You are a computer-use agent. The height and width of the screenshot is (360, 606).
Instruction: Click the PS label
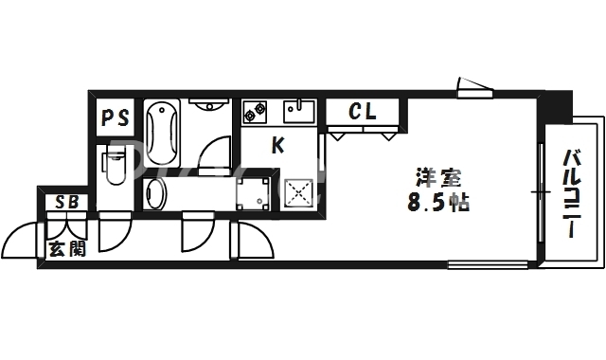[x=116, y=118]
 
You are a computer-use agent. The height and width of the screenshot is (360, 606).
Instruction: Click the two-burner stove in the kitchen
[x=254, y=113]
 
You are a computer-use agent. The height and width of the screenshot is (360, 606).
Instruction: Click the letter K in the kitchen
[x=277, y=146]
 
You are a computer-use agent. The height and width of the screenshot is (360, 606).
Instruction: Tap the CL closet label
[x=362, y=112]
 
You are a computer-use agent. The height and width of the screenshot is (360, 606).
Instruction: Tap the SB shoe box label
[x=65, y=202]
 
